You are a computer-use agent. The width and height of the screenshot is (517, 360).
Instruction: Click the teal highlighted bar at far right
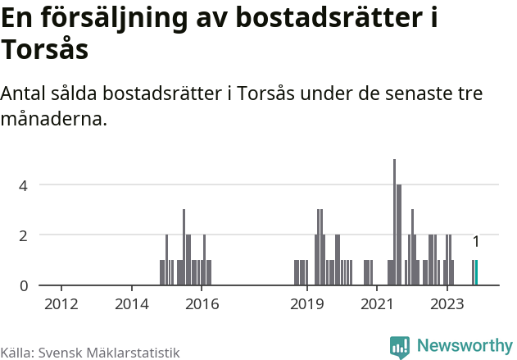pos(477,273)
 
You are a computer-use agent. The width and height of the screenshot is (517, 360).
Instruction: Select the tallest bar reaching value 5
pos(394,222)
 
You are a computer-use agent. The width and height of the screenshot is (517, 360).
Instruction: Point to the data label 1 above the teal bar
pos(476,242)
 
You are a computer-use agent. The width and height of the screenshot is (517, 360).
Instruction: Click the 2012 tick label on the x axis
pos(61,304)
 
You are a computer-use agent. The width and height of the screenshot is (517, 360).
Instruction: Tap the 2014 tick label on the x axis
pos(132,304)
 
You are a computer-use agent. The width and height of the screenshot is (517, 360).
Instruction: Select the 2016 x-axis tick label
pos(202,304)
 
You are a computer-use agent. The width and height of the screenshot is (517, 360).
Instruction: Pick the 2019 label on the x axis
pos(307,304)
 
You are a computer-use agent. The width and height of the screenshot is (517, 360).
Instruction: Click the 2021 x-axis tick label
pos(378,304)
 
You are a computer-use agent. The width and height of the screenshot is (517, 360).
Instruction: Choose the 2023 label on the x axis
pos(447,304)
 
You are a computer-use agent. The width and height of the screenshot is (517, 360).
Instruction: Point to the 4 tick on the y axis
pos(24,185)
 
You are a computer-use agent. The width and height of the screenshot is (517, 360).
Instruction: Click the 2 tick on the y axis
pos(24,235)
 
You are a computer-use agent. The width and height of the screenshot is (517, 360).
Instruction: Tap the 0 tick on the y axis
pos(24,285)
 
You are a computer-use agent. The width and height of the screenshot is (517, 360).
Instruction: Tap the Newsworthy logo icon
pos(400,346)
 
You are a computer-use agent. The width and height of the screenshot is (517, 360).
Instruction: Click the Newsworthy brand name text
pos(464,346)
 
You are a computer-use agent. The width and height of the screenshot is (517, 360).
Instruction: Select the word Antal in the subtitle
pos(24,93)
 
